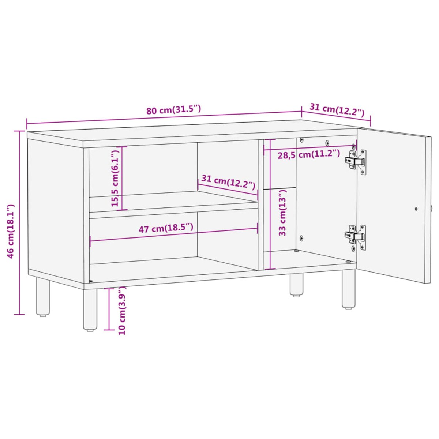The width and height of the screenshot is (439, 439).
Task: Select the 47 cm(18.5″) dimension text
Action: click(x=165, y=228)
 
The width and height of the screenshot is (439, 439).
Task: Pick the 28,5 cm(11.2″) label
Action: click(x=309, y=154)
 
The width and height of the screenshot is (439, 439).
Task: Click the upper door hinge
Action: click(x=356, y=161)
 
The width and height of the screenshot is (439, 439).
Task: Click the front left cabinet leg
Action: click(x=90, y=309)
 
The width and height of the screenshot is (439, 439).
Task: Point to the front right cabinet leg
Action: click(x=348, y=289)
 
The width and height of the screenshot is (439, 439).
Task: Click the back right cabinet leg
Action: click(x=296, y=284)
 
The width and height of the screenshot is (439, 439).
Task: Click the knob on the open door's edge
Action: click(x=432, y=209)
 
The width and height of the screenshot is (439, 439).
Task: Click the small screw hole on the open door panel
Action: click(x=416, y=209)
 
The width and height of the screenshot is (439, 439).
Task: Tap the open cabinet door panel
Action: click(x=393, y=205)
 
